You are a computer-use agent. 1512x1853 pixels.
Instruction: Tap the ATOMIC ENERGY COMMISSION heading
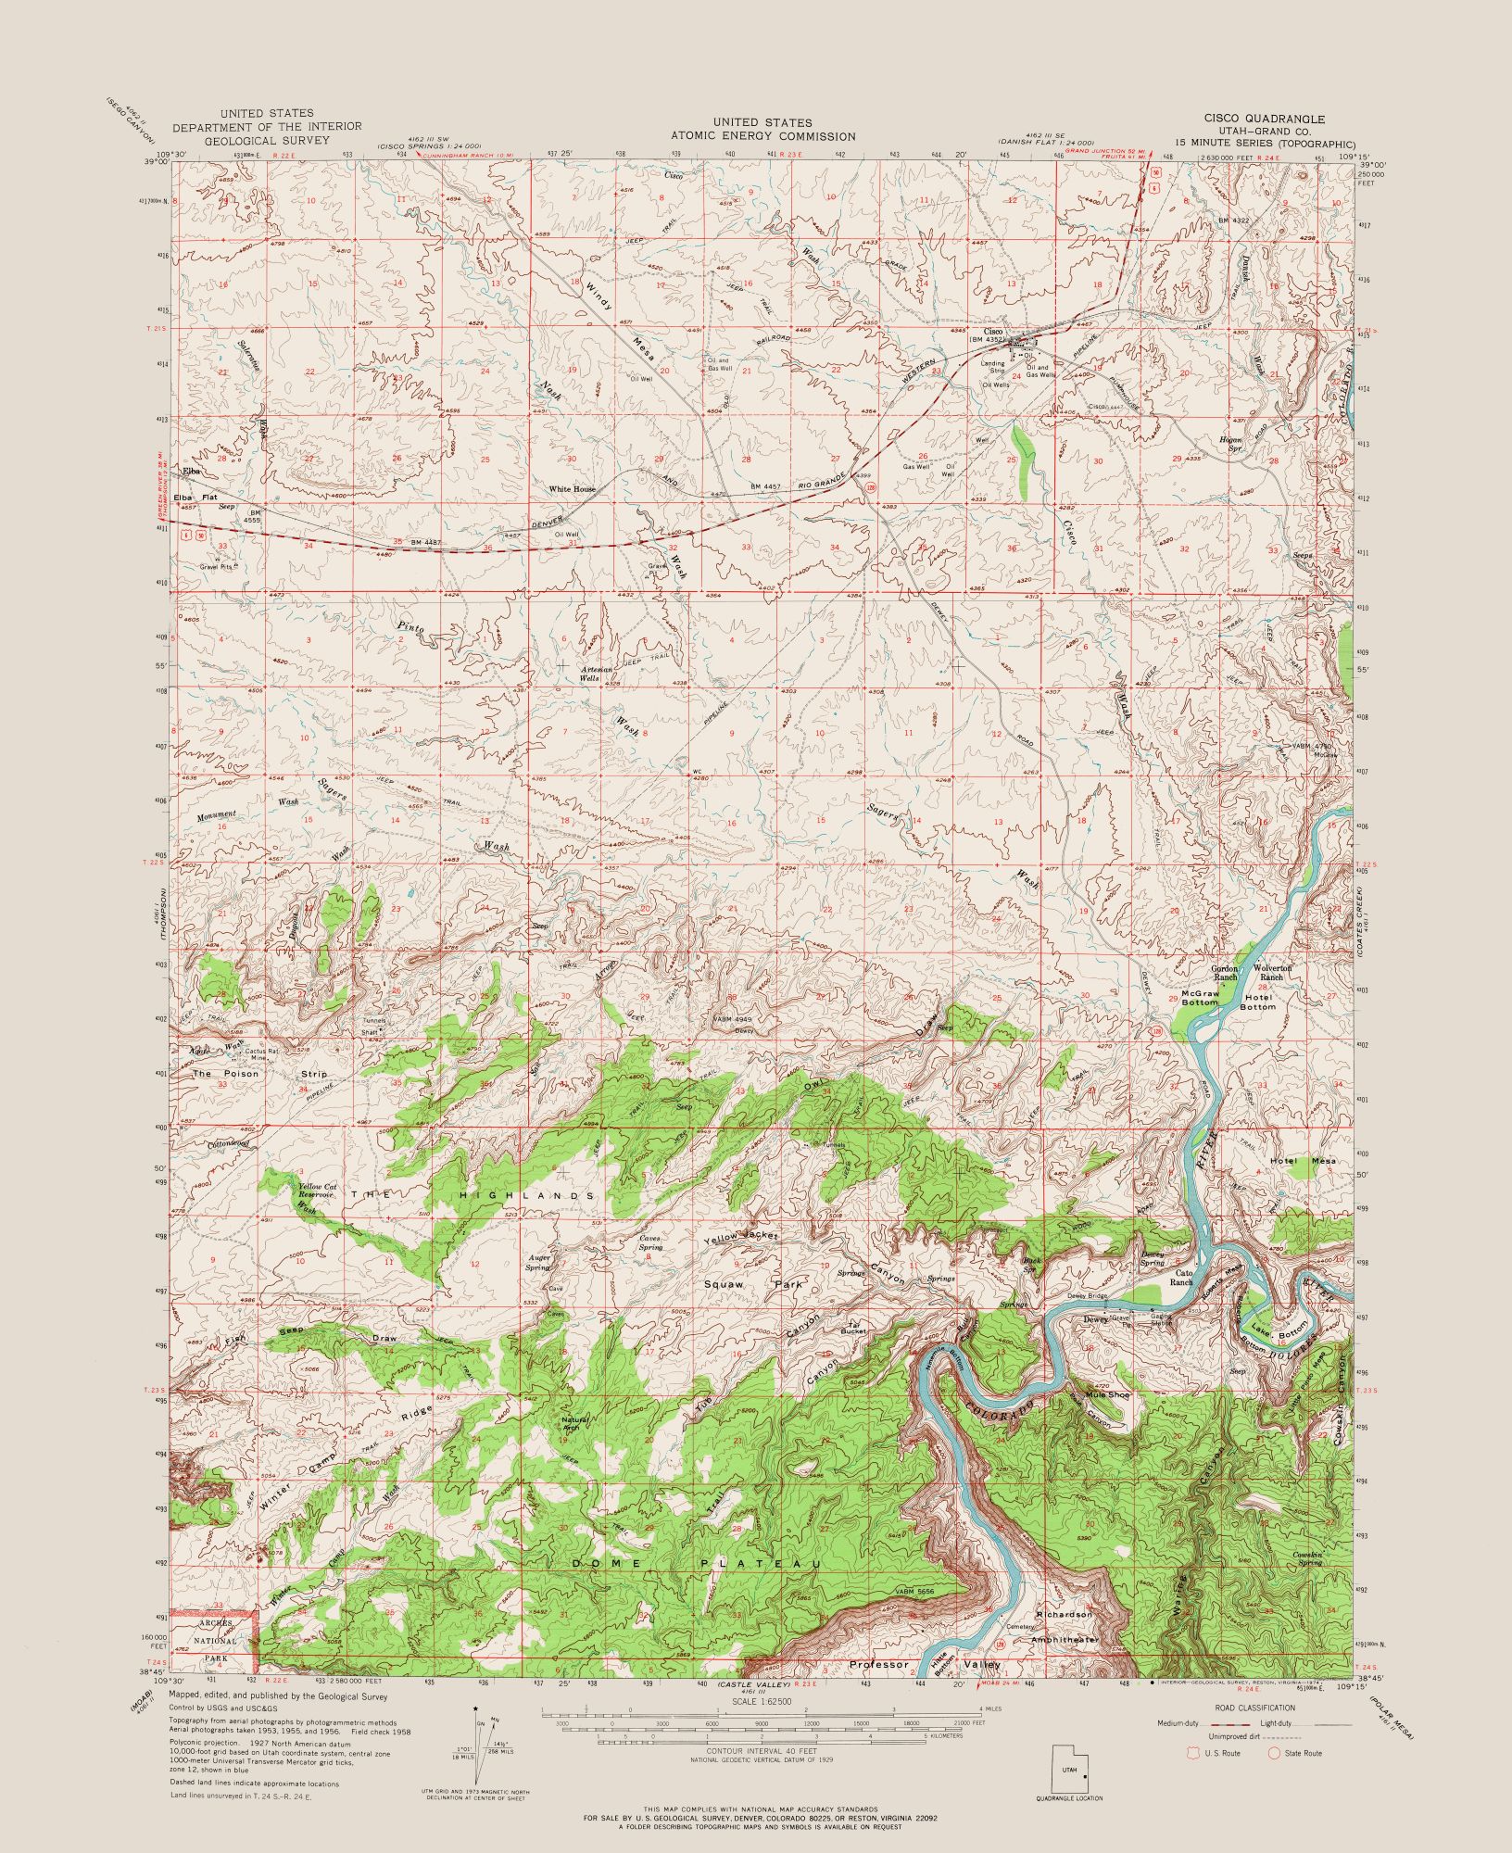click(762, 135)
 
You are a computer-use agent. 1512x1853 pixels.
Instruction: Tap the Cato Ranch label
click(1180, 1278)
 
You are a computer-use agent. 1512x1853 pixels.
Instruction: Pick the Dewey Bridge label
click(1087, 1296)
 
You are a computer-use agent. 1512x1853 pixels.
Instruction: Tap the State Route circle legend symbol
click(1273, 1753)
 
